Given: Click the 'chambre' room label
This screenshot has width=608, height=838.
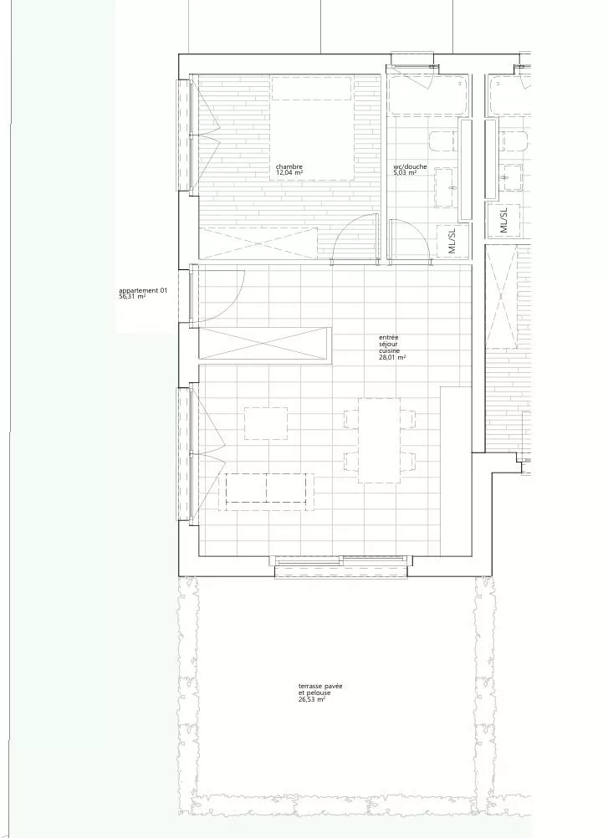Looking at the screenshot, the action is click(x=289, y=166).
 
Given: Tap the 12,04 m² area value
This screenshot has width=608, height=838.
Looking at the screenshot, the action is click(x=289, y=172).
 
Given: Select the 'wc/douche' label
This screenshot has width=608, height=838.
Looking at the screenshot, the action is click(x=410, y=166).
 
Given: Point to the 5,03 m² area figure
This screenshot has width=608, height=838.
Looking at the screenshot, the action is click(x=405, y=173).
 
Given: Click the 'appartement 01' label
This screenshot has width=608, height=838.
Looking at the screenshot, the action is click(x=143, y=291).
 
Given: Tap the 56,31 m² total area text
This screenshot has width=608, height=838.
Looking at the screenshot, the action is click(x=132, y=297).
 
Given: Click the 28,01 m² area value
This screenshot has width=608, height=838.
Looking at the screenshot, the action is click(x=392, y=358).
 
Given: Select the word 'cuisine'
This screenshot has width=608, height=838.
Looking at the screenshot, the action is click(x=389, y=351).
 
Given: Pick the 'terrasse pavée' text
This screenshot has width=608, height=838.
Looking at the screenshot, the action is click(x=320, y=687).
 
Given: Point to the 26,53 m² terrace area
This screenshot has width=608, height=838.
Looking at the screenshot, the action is click(x=312, y=699).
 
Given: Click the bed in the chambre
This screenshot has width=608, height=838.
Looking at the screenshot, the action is click(x=313, y=128).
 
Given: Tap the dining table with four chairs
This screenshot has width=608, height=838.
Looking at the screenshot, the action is click(x=380, y=441).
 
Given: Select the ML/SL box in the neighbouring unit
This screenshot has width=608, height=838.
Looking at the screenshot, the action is click(x=503, y=220).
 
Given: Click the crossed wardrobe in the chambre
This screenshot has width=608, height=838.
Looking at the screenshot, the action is click(x=258, y=243).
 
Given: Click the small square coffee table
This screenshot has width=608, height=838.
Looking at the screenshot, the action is click(x=266, y=423).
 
